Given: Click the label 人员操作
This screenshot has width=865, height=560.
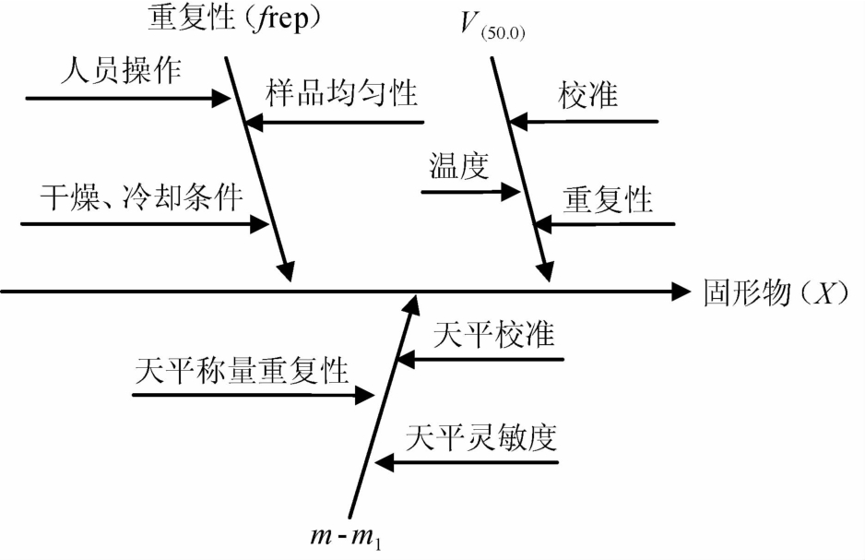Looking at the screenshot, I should pos(119,70).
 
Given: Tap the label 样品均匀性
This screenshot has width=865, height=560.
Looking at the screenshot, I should pos(342,92).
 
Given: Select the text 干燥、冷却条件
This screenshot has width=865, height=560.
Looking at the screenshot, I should pos(139,197).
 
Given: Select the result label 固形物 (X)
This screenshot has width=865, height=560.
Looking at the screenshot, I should pos(774,292).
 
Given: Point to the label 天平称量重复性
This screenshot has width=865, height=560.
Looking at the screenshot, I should pos(242,370).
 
